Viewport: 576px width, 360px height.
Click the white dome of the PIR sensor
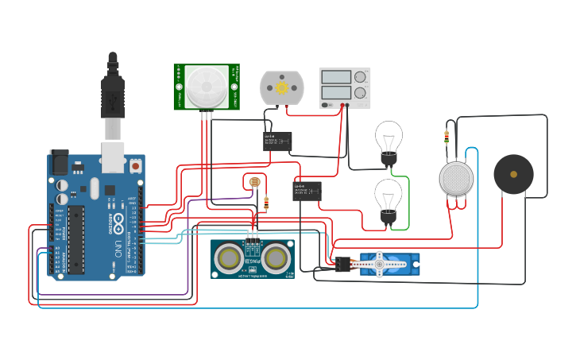(206, 86)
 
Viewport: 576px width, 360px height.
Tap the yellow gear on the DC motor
(282, 87)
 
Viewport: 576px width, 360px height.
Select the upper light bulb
(389, 140)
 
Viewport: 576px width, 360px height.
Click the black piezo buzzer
(513, 174)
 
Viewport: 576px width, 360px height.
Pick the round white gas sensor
(456, 178)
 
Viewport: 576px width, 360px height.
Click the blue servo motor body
(387, 264)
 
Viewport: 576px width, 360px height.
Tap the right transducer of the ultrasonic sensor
(276, 257)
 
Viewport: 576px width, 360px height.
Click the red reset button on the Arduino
(135, 167)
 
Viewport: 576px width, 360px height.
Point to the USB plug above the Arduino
(113, 95)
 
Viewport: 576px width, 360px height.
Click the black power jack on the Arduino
(59, 163)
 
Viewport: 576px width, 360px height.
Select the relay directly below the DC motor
(277, 141)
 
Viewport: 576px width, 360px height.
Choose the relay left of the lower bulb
(307, 191)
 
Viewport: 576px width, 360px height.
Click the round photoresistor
(254, 183)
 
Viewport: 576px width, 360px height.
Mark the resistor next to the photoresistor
(265, 203)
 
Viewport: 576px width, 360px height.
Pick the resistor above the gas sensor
(446, 137)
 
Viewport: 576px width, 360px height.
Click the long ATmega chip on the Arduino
(76, 239)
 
